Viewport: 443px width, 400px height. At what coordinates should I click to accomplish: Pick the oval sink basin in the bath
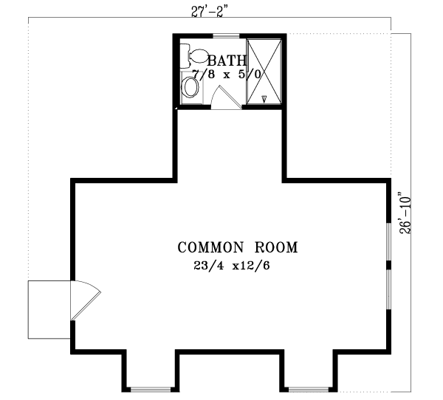click(x=190, y=88)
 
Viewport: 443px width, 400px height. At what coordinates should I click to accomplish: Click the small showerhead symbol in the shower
click(x=264, y=97)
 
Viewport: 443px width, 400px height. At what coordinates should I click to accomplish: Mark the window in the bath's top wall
click(x=226, y=35)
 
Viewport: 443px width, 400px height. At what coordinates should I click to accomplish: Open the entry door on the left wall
click(x=84, y=299)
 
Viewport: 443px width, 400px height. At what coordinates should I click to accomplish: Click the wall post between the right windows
click(x=389, y=263)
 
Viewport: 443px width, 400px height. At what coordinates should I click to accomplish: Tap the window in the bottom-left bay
click(x=149, y=388)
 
